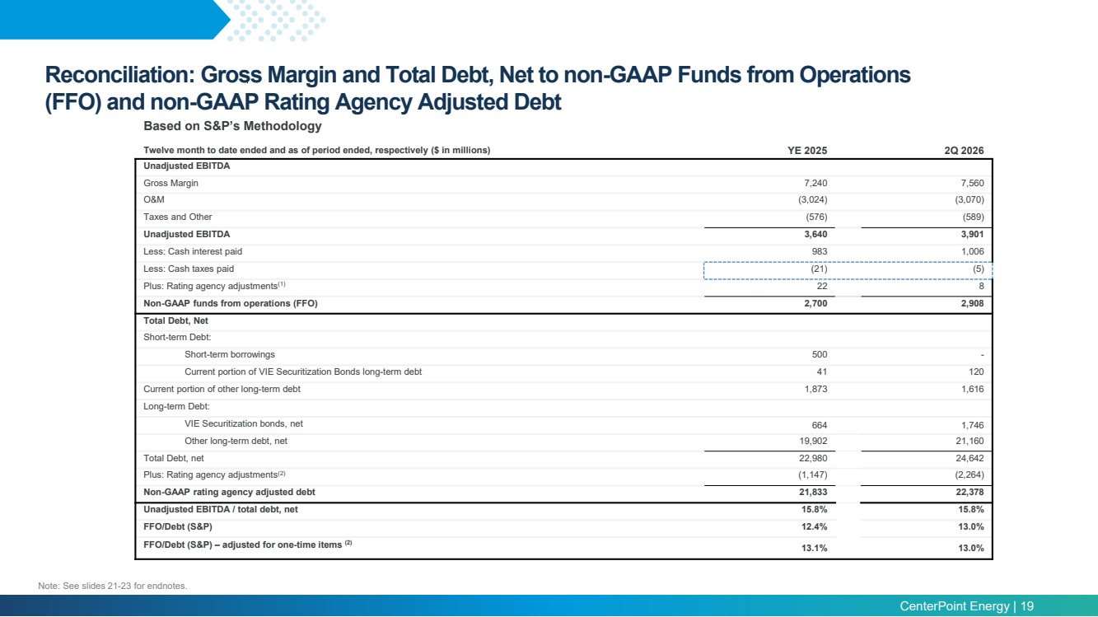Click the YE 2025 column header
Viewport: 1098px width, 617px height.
click(x=807, y=151)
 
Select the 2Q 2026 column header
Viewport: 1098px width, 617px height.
click(x=964, y=151)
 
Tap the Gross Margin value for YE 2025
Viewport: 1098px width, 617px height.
click(x=815, y=183)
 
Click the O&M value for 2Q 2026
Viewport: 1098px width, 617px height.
click(x=969, y=199)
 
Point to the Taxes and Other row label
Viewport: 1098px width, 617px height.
click(x=177, y=217)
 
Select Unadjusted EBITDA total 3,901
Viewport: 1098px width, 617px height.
click(x=972, y=234)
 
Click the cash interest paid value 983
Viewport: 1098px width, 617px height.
click(x=819, y=251)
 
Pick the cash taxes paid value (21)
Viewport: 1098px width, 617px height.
click(x=819, y=269)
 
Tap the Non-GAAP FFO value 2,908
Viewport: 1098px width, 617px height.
click(x=972, y=303)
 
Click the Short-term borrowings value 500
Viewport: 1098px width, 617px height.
click(x=819, y=354)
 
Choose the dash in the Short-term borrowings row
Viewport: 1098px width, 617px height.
click(x=982, y=355)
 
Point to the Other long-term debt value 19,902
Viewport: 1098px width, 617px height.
click(x=813, y=441)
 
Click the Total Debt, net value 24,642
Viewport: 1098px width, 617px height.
click(x=970, y=458)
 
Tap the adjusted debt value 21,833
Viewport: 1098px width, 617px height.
click(x=813, y=492)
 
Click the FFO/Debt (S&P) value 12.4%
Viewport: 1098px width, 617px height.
click(x=814, y=527)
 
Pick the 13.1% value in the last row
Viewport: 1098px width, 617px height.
click(x=814, y=548)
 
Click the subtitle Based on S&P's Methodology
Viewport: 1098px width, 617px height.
click(x=232, y=126)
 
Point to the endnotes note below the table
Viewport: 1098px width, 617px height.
click(x=112, y=586)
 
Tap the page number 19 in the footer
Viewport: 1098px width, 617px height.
click(x=1026, y=606)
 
